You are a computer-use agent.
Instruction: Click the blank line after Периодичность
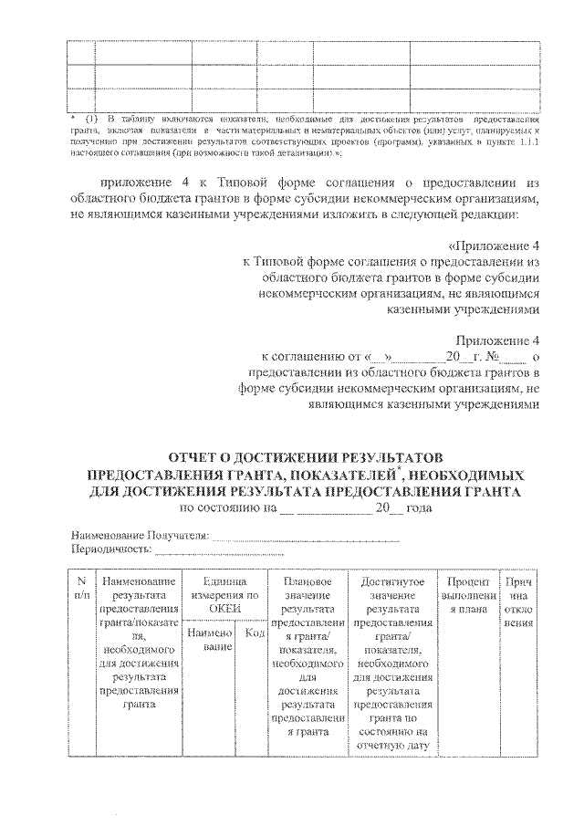[x=219, y=552]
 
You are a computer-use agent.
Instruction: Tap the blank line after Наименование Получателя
[x=305, y=537]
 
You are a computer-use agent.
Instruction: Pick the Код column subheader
[x=255, y=632]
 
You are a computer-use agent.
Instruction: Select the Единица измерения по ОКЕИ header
[x=224, y=588]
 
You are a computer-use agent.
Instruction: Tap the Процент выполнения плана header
[x=470, y=588]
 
